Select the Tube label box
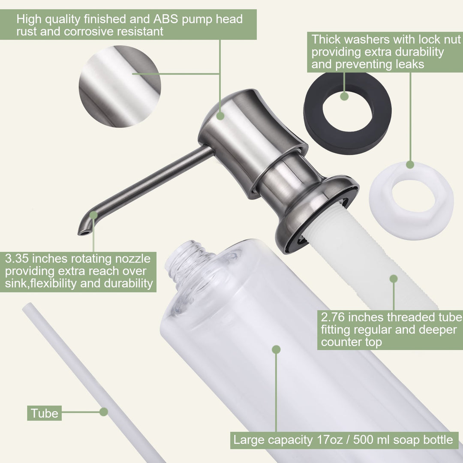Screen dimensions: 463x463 pos(44,413)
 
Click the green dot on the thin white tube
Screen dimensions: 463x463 pos(104,412)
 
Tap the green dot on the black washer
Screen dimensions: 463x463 pos(344,96)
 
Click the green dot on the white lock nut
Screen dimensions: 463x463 pos(410,165)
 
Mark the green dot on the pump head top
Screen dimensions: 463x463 pos(220,116)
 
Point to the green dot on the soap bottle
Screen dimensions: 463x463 pos(276,350)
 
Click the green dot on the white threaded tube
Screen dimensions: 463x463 pos(394,279)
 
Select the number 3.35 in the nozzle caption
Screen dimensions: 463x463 pos(17,259)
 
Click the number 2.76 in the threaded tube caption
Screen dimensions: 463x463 pos(333,317)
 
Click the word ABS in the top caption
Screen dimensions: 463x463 pos(165,19)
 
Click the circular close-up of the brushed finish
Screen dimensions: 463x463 pos(120,86)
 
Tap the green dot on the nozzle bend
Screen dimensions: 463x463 pos(93,215)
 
